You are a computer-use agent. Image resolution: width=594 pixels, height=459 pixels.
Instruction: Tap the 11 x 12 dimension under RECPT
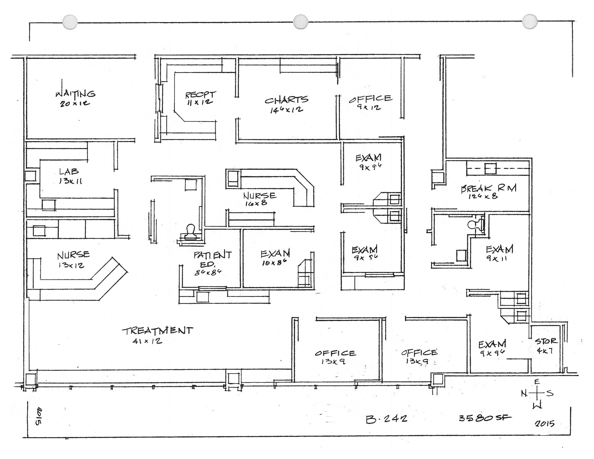coord(200,102)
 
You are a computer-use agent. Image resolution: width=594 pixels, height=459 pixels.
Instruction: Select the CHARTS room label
coord(286,100)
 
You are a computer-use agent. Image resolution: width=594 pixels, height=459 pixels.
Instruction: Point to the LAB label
coord(69,171)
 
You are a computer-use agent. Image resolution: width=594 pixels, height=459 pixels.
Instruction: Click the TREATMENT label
coord(157,331)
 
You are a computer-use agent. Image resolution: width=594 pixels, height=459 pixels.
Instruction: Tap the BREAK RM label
coord(488,188)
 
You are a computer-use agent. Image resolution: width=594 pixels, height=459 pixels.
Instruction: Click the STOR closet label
coord(546,341)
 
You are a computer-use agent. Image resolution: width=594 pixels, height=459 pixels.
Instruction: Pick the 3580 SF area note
coord(485,418)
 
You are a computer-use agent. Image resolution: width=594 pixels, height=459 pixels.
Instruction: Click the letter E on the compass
coord(537,382)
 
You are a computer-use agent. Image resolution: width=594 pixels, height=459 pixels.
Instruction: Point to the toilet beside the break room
coord(475,225)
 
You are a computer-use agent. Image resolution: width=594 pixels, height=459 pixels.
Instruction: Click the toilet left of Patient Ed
coord(191,232)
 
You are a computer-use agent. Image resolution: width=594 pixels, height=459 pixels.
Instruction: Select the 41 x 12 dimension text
coord(147,341)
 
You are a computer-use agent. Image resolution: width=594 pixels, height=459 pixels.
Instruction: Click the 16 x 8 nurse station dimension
coord(256,203)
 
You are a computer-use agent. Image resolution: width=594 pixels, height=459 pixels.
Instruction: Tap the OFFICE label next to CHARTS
coord(370,99)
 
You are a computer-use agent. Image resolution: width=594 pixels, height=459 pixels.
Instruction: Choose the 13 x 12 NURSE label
coord(73,255)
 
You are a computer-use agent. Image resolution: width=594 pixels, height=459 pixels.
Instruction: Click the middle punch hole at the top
coord(300,22)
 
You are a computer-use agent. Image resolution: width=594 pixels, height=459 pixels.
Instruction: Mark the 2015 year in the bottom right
coord(544,424)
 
